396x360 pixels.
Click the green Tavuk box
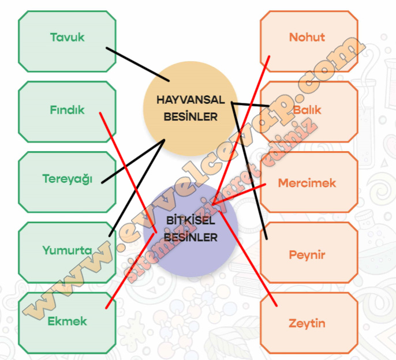coord(67,37)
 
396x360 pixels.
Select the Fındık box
coord(67,110)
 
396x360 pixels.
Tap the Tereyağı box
coord(67,179)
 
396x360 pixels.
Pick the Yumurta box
coord(67,250)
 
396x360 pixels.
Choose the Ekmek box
coord(67,321)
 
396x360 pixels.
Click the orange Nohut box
coord(308,37)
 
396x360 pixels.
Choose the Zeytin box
coord(308,324)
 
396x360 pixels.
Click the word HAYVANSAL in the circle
coord(190,99)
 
